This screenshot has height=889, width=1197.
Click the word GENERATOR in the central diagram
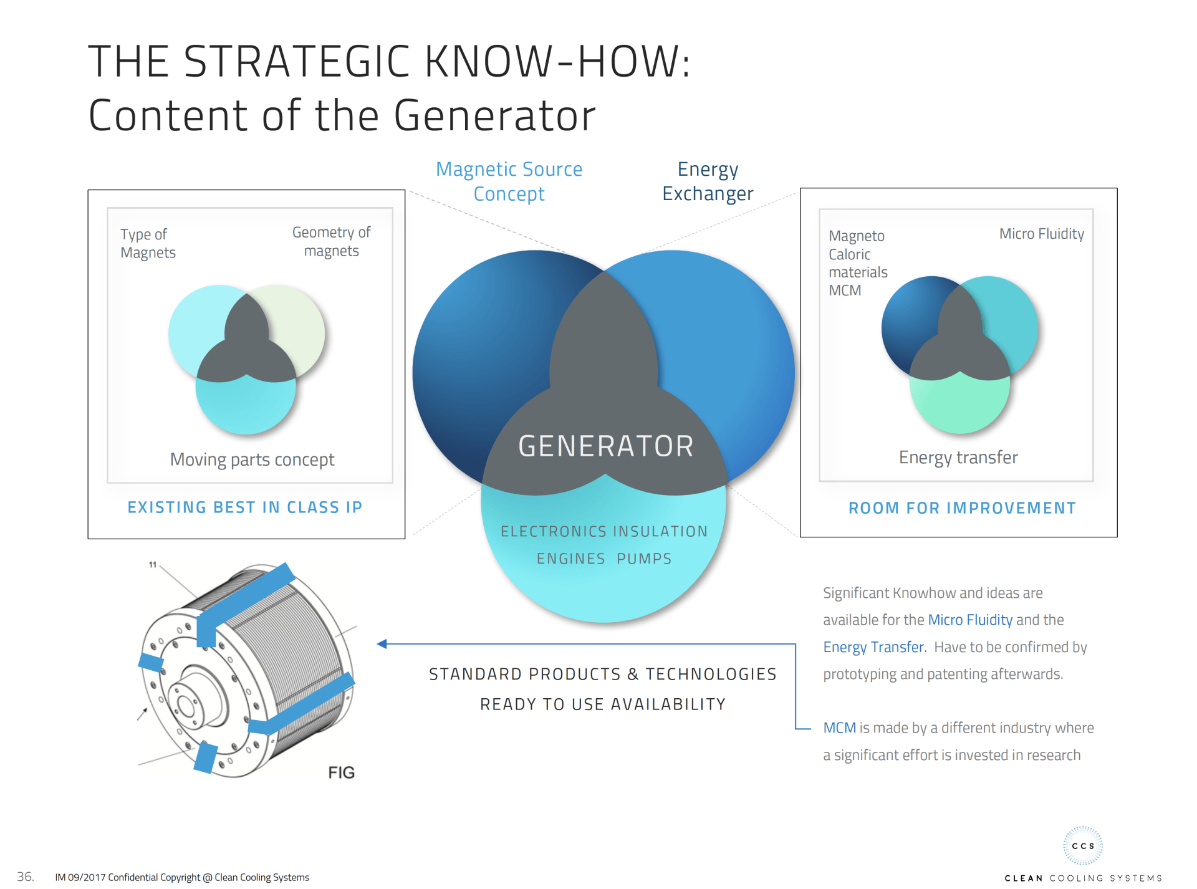[x=605, y=446]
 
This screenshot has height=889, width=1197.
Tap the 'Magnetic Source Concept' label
[x=509, y=181]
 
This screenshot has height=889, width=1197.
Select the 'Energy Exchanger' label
[x=708, y=181]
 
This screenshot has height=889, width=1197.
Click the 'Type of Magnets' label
[x=148, y=243]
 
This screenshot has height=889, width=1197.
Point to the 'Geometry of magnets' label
[x=331, y=241]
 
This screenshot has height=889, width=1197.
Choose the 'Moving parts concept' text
[x=252, y=459]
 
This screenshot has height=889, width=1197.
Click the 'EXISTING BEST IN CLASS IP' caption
[x=245, y=507]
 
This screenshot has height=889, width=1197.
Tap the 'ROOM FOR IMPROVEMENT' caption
[x=962, y=508]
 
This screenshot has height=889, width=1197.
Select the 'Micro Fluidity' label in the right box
[x=1042, y=234]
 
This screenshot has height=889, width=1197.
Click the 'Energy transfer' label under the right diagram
[x=958, y=458]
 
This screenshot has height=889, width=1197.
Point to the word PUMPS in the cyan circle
[x=644, y=559]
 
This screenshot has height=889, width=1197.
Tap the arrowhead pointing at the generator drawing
[x=382, y=644]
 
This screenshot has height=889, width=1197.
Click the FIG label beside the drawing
[x=341, y=772]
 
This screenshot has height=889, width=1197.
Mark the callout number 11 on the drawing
[x=153, y=565]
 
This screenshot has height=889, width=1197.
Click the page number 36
[x=25, y=877]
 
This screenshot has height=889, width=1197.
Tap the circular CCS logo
[x=1083, y=846]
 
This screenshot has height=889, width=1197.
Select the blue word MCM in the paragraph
[x=839, y=728]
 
